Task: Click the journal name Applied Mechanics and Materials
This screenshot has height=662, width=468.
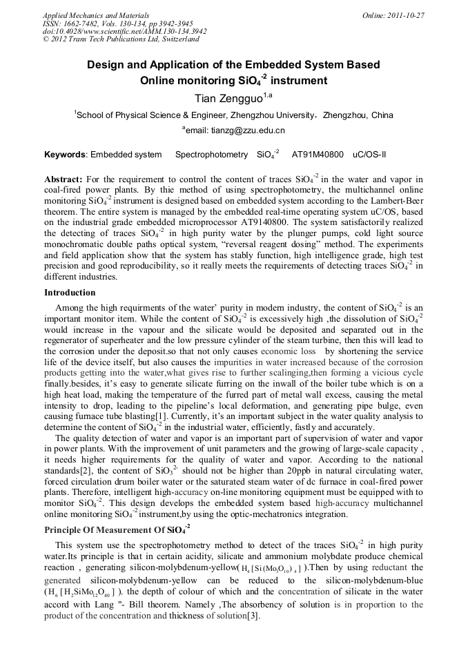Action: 95,14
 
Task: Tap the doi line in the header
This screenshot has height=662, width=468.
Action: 124,31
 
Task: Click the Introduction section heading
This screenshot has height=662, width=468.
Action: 70,293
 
